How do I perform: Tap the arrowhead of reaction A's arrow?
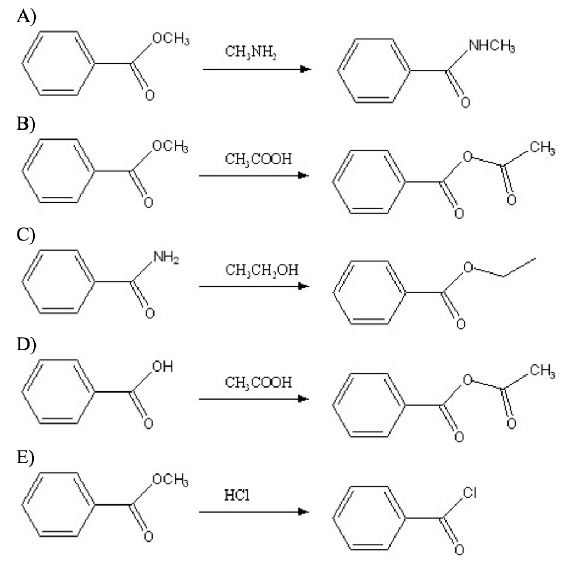tap(304, 69)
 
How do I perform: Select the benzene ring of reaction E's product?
tap(372, 520)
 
